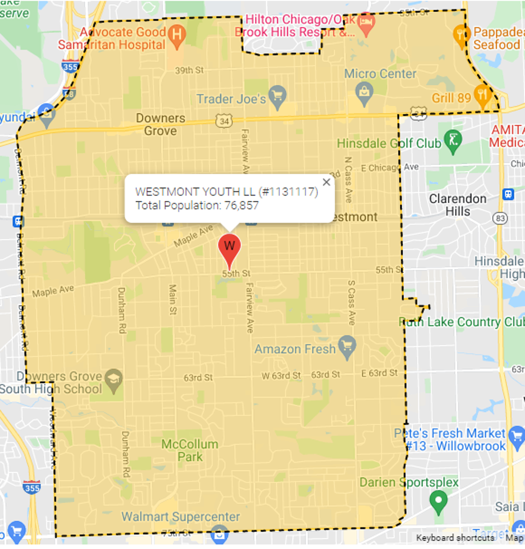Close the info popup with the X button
[x=326, y=182]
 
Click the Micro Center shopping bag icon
[x=364, y=92]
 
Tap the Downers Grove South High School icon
[x=114, y=380]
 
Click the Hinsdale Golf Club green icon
[x=453, y=143]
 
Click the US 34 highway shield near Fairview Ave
[x=223, y=121]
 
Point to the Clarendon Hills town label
[x=457, y=205]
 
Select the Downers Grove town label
[x=160, y=124]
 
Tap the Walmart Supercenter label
[x=181, y=517]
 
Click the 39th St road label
[x=190, y=70]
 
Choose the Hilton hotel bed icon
[x=366, y=24]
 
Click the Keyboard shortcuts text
[x=455, y=538]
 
